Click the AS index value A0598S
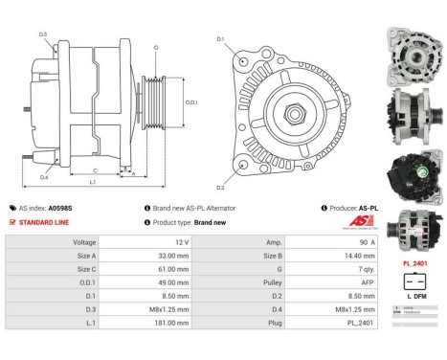tap(61, 208)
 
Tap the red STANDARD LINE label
tap(43, 222)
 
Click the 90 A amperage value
tap(352, 243)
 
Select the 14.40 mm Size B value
tap(351, 257)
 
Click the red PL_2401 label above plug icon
tap(414, 261)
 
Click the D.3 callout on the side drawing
tap(43, 34)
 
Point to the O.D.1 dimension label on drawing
tap(191, 102)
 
